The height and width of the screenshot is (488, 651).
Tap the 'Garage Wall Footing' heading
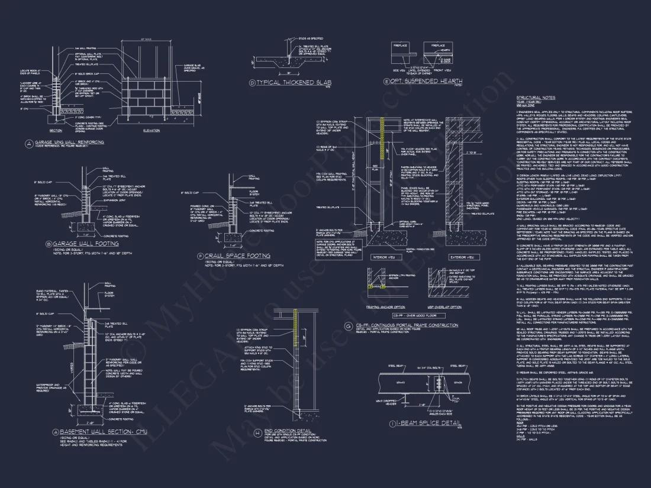(80, 243)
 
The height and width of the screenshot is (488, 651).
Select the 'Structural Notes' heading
(536, 97)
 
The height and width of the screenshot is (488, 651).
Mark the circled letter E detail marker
(387, 81)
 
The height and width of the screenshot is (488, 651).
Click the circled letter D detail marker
(252, 83)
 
